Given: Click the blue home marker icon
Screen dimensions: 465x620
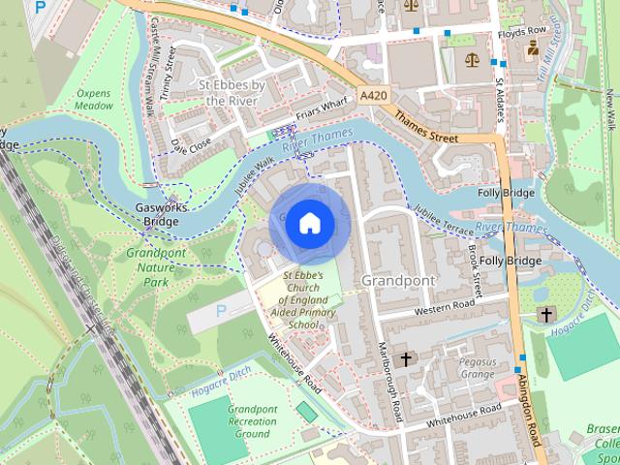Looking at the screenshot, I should [308, 223].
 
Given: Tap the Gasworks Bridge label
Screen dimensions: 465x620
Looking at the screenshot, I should [158, 214].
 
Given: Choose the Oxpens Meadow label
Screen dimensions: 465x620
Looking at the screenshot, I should [94, 100].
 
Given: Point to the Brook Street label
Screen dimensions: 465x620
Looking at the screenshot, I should [475, 270].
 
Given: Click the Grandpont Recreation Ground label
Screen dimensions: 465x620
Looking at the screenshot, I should [252, 421].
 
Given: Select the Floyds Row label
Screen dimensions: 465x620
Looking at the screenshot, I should [524, 32].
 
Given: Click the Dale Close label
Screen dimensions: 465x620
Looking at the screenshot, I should [191, 145].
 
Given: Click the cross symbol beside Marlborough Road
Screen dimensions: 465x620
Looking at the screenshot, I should [405, 359].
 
